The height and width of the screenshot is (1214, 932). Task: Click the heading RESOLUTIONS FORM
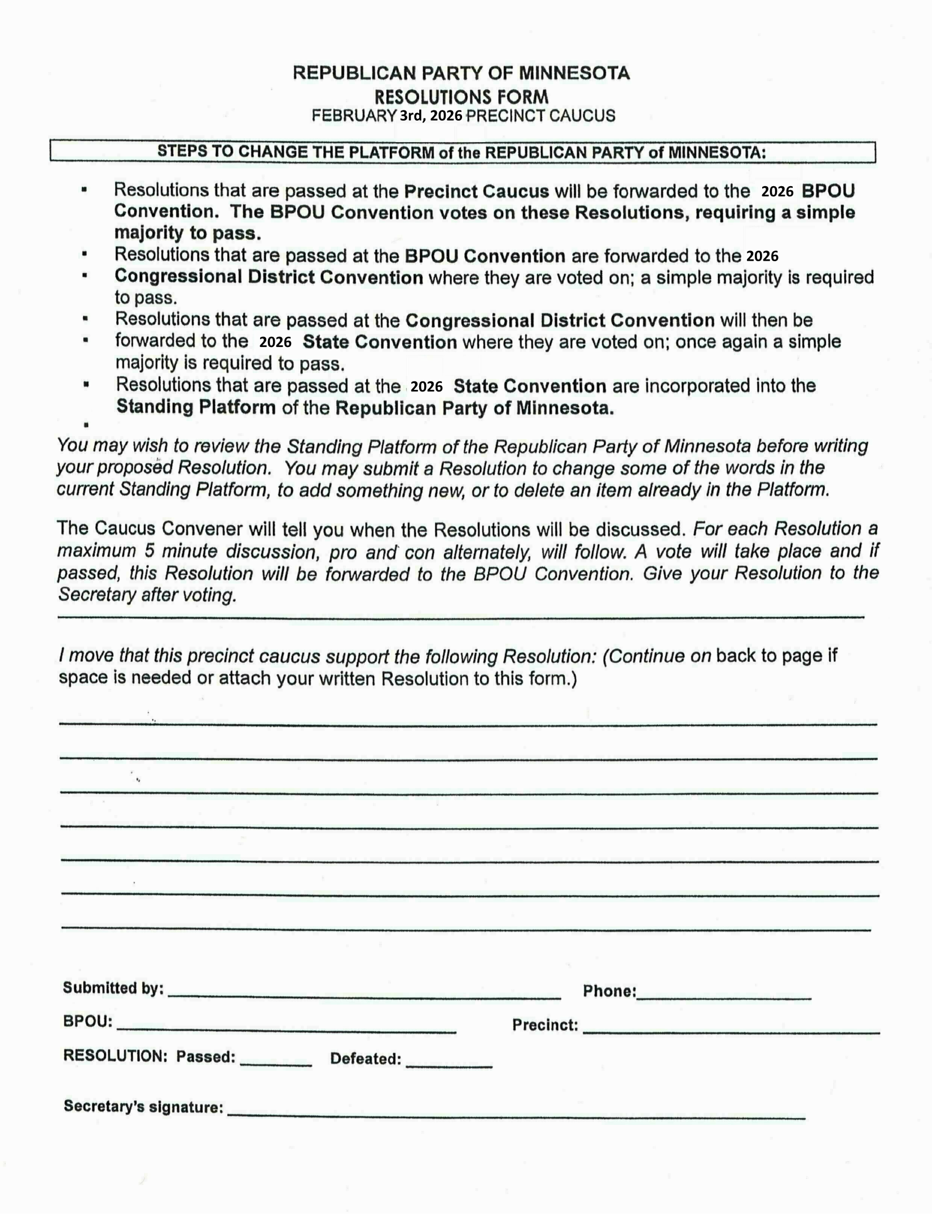click(461, 96)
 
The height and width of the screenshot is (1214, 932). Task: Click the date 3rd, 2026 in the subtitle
click(430, 116)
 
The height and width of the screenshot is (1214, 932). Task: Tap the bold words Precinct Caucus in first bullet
click(476, 191)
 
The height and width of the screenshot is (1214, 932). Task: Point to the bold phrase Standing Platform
click(196, 407)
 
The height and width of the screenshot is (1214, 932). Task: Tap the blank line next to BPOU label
click(286, 1030)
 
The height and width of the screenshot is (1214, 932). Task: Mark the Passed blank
click(276, 1063)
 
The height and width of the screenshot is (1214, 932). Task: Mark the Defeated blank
click(449, 1064)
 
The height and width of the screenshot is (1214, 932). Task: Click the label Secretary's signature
click(143, 1106)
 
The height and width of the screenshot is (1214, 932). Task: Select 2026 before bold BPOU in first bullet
click(777, 192)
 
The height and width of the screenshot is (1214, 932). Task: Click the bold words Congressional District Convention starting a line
click(269, 277)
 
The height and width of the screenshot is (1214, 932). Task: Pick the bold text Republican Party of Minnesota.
click(474, 408)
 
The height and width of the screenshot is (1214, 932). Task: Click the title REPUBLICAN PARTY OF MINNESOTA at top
click(461, 73)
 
